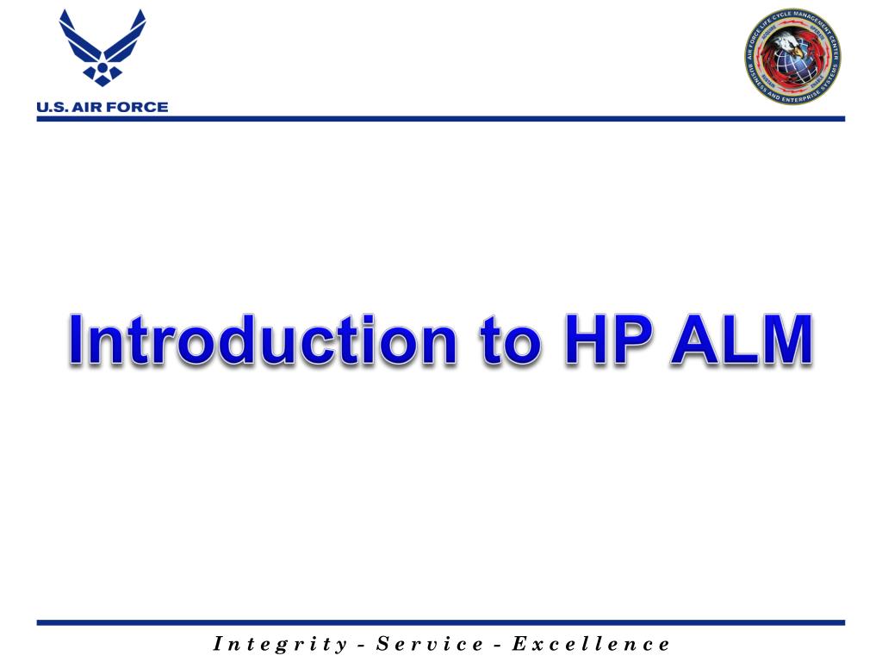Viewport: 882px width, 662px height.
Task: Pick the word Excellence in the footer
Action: coord(591,644)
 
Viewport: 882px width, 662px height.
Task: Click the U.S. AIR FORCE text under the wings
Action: coord(102,108)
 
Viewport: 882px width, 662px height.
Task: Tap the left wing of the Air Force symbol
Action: coord(78,39)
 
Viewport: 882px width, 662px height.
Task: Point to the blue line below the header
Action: coord(440,118)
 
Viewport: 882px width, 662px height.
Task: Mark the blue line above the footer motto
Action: coord(440,622)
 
